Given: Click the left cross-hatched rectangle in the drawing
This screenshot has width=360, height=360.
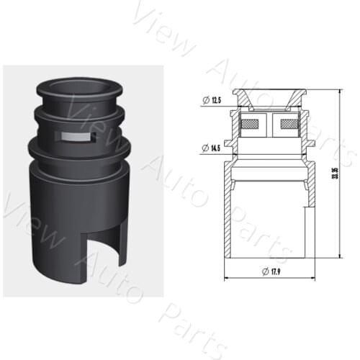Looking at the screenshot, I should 250,127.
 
